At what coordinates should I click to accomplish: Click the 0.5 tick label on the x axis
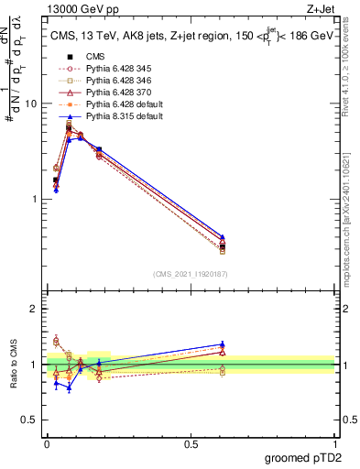point(191,444)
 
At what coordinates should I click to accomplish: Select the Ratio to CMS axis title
point(14,365)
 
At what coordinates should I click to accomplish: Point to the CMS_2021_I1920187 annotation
point(191,273)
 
